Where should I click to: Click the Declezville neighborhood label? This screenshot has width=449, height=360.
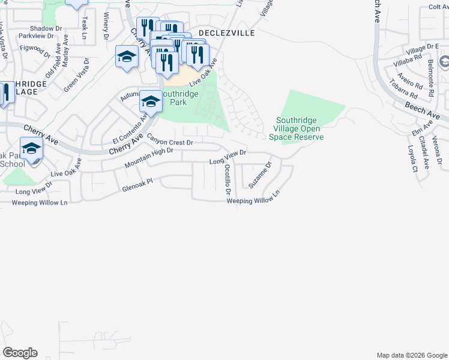tap(228, 32)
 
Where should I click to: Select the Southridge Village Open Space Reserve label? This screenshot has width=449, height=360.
tap(298, 129)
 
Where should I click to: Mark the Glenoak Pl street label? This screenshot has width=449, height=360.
tap(138, 183)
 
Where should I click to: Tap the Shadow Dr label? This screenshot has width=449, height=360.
tap(46, 28)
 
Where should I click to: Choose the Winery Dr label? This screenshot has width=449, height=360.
tap(106, 26)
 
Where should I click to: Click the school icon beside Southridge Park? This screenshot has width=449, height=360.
tap(151, 101)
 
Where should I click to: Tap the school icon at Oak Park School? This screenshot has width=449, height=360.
tap(31, 148)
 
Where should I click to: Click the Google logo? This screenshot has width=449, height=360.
tap(20, 353)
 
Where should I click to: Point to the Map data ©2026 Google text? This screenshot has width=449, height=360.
tap(411, 355)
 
